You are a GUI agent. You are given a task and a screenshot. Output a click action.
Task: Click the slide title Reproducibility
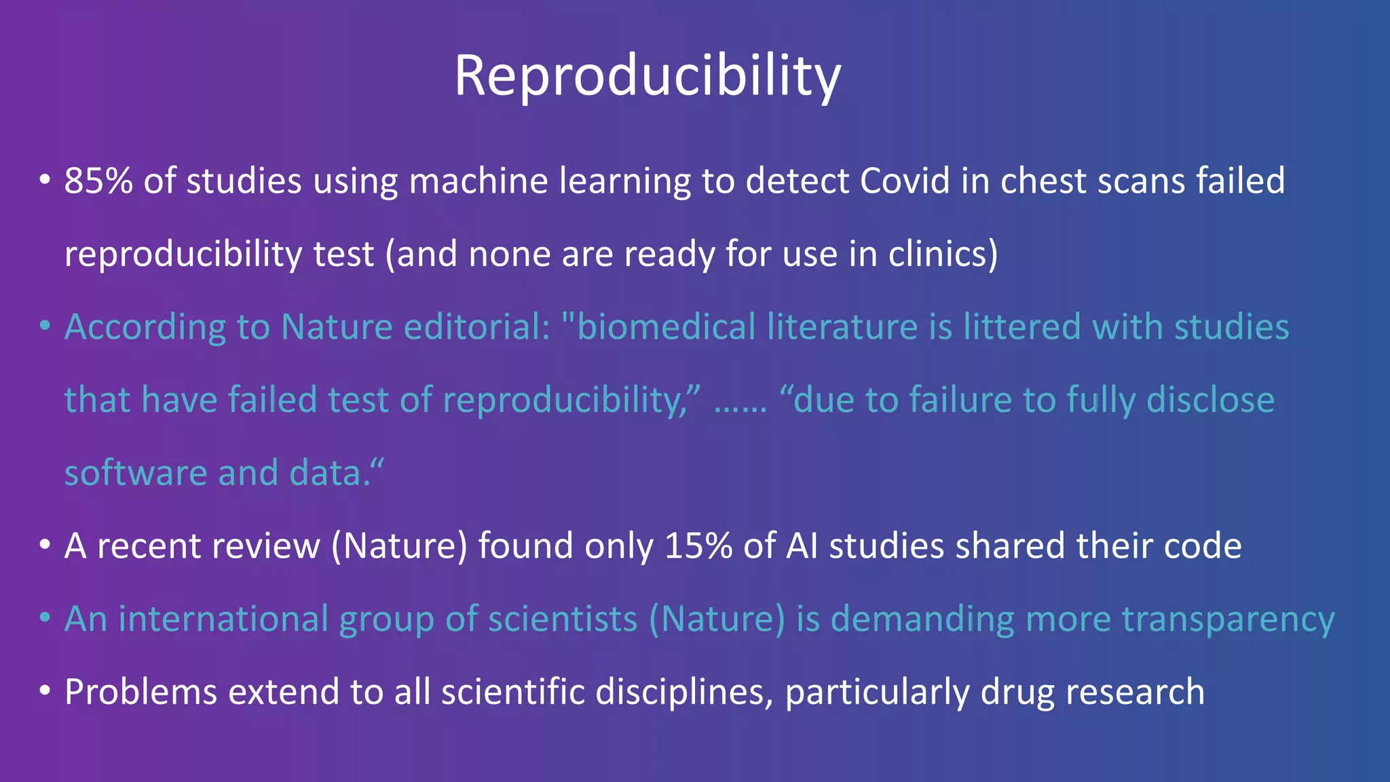point(647,76)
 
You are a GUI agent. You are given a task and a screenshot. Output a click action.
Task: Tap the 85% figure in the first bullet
point(98,181)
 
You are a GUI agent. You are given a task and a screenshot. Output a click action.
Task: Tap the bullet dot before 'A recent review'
point(45,545)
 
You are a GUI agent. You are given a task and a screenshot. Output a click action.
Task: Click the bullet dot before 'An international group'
point(45,618)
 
